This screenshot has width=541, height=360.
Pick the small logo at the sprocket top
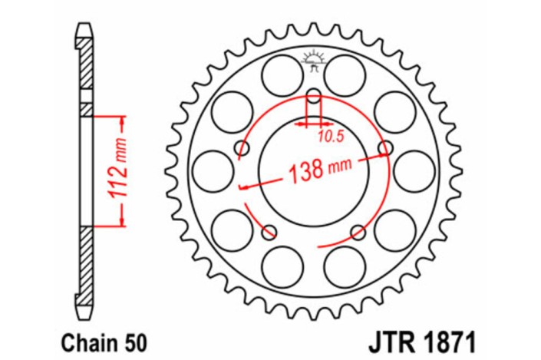(x=313, y=60)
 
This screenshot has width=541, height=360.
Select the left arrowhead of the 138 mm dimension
(x=242, y=187)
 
